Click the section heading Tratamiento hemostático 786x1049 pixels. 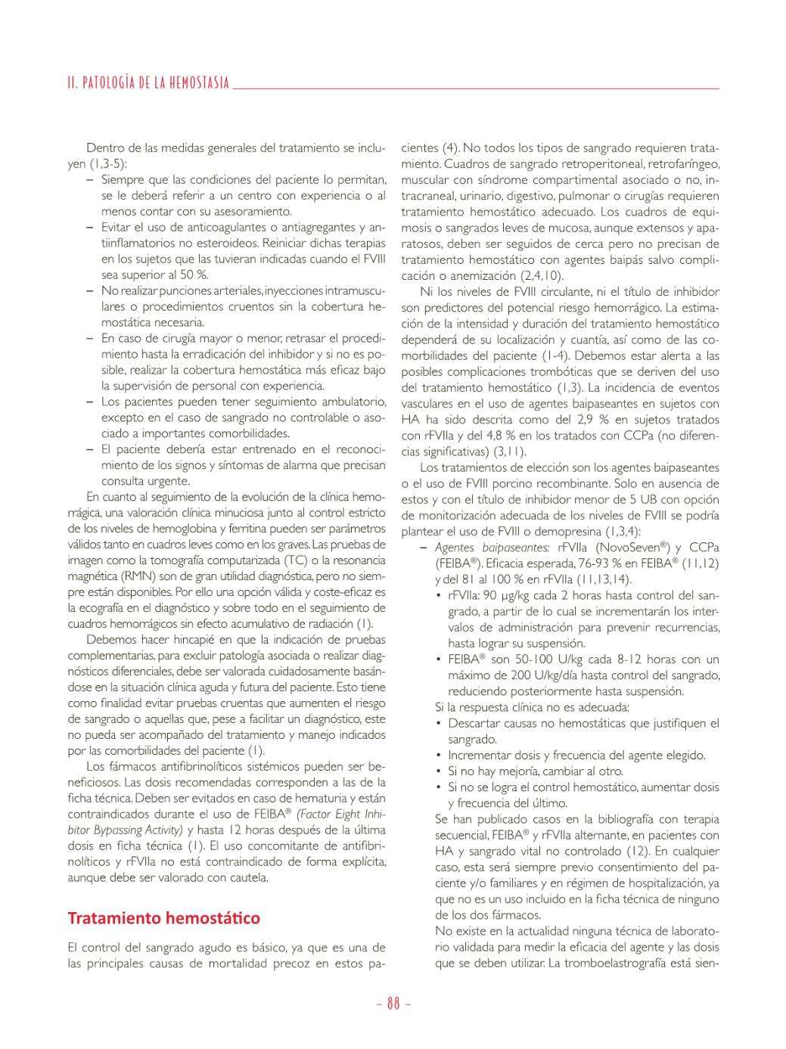point(163,918)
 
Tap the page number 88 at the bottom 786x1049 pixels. point(393,1004)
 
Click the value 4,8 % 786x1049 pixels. point(512,436)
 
